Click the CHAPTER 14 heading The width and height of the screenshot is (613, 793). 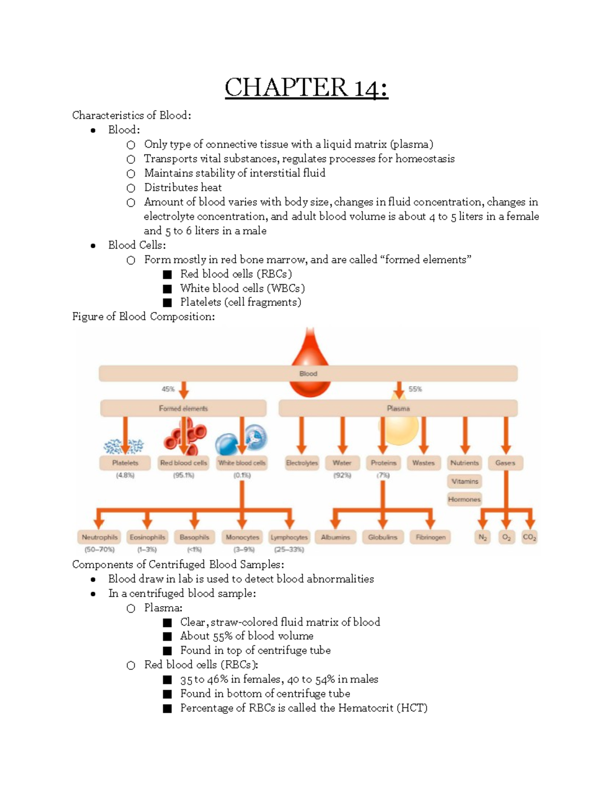coord(306,87)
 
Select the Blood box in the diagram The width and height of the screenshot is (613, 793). coord(308,373)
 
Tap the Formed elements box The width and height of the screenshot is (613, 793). coord(183,408)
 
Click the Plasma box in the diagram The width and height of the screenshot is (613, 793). coord(398,408)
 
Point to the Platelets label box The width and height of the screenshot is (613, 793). coord(125,463)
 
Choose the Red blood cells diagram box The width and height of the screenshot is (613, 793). coord(183,463)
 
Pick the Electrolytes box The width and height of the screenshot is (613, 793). coord(301,463)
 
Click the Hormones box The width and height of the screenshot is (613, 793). coord(464,499)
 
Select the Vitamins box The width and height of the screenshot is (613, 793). coord(465,481)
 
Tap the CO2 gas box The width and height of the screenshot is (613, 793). coord(529,537)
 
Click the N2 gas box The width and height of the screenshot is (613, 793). coord(483,537)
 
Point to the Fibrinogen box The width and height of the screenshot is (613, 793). coord(431,537)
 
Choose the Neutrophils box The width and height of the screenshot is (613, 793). coord(100,537)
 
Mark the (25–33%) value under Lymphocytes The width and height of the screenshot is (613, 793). coord(289,550)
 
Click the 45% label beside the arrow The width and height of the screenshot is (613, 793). coord(168,389)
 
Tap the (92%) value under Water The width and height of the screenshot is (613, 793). coord(342,475)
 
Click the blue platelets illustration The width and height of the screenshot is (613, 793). coord(124,446)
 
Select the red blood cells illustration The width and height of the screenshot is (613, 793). coord(184,435)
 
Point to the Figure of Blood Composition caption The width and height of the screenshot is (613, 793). coord(144,317)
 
